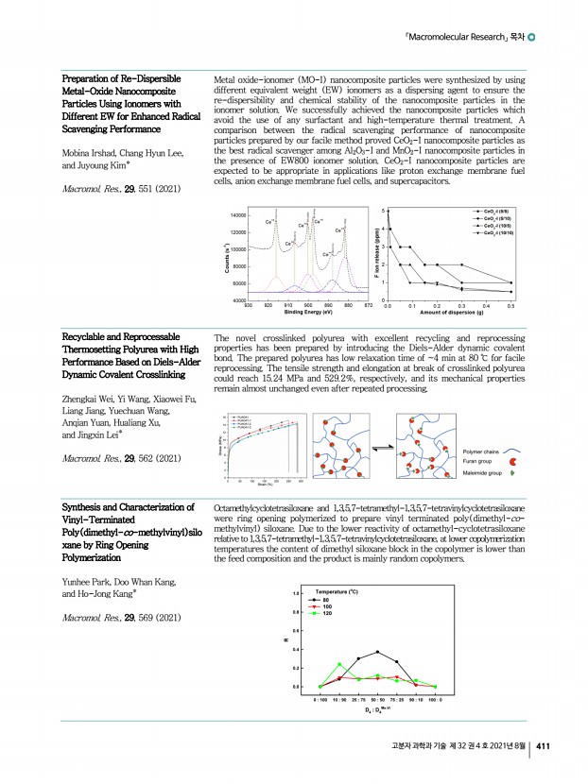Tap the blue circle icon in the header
pyautogui.click(x=534, y=38)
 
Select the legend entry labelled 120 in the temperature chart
pyautogui.click(x=327, y=613)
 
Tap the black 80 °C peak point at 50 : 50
pyautogui.click(x=377, y=652)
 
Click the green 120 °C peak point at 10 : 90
pyautogui.click(x=339, y=664)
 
